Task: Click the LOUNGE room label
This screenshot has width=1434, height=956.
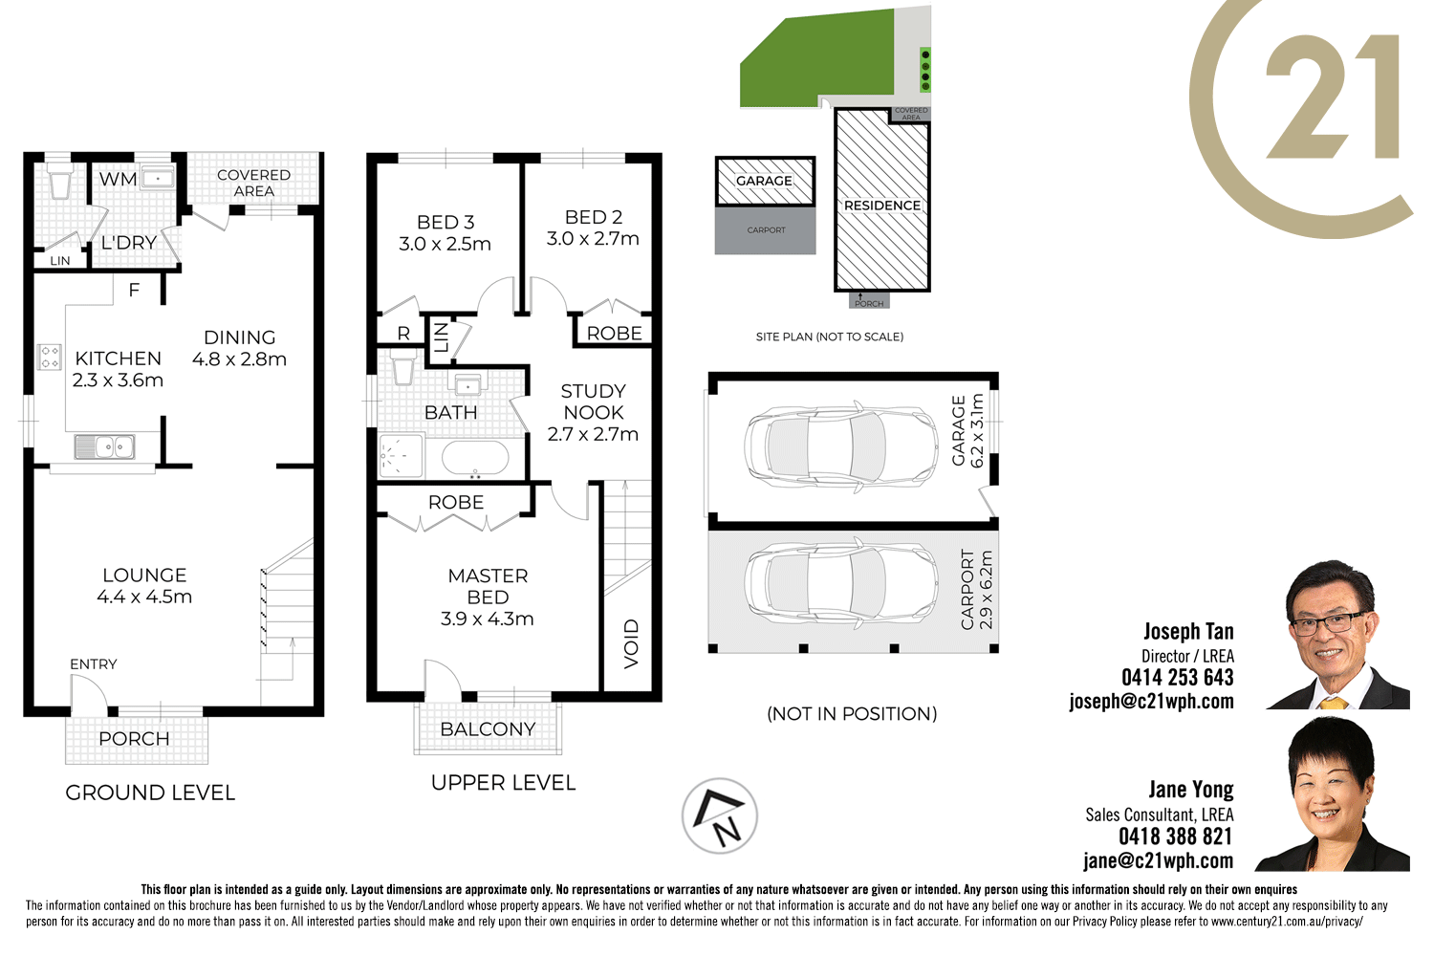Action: point(144,575)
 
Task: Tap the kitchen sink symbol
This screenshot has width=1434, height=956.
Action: point(104,446)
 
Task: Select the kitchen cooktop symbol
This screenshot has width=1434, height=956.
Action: point(49,357)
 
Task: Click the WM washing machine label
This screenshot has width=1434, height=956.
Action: point(118,180)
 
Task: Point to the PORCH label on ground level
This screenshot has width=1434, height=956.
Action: point(134,739)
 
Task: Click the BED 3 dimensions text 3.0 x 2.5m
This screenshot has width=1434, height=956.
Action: point(445,244)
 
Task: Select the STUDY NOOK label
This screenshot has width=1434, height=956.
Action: point(593,402)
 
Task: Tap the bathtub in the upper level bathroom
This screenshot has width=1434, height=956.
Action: point(475,459)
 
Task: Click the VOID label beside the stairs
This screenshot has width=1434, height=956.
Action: point(631,643)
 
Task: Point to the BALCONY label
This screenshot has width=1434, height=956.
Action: point(488,729)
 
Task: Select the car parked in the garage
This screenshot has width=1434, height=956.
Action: point(841,446)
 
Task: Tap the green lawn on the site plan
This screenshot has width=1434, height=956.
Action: point(813,57)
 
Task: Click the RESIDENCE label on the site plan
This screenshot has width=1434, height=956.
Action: point(881,206)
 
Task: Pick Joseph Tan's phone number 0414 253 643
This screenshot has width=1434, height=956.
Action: point(1177,678)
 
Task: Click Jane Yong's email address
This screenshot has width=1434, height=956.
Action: point(1158,860)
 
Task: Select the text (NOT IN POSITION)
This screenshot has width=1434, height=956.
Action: point(852,714)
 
